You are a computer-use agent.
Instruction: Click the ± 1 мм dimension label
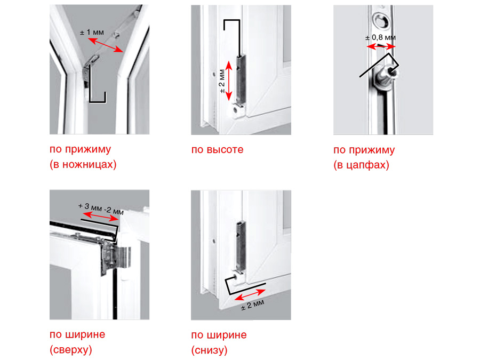[x=92, y=32]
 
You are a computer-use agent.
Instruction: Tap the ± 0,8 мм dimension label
[x=380, y=38]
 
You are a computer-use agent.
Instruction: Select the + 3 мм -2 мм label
[x=101, y=209]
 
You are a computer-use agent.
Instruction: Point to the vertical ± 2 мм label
[x=222, y=82]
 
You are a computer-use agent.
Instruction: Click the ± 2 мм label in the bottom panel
[x=253, y=305]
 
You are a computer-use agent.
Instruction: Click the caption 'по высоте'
[x=218, y=149]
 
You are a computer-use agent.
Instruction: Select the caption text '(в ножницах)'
[x=83, y=164]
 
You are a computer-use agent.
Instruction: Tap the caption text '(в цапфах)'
[x=361, y=165]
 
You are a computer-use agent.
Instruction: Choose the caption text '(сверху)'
[x=71, y=349]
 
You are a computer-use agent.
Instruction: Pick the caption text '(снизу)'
[x=210, y=350]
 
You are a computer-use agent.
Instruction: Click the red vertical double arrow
[x=229, y=81]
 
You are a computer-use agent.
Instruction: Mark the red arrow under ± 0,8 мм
[x=381, y=46]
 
